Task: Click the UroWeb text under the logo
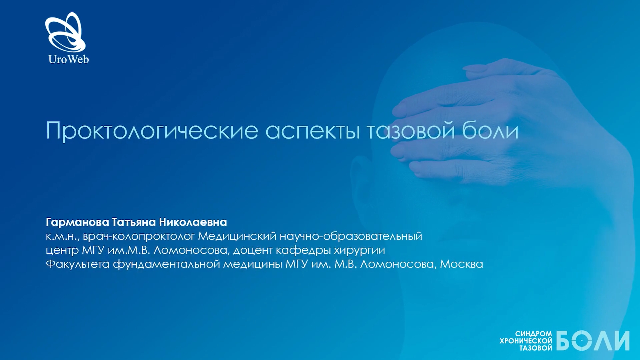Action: click(x=69, y=59)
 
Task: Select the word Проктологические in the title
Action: click(x=152, y=131)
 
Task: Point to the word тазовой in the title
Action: click(x=411, y=130)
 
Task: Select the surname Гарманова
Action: click(x=77, y=222)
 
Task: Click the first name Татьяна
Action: click(x=134, y=222)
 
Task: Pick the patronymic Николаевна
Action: click(x=193, y=222)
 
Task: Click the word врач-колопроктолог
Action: click(x=139, y=237)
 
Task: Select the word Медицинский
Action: click(x=237, y=236)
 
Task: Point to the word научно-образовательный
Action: click(x=351, y=237)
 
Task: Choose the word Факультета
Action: click(x=78, y=264)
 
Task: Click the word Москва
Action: click(x=461, y=264)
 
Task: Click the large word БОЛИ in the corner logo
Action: click(x=593, y=341)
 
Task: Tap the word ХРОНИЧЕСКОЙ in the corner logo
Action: click(x=526, y=341)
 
